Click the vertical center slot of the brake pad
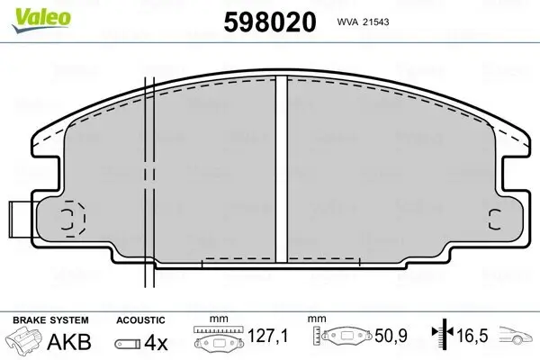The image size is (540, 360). tap(280, 171)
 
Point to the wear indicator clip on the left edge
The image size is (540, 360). tap(19, 217)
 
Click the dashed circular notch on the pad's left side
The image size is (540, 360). tap(70, 218)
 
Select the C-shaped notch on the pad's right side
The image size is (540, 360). tap(493, 218)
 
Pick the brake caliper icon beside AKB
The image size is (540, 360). tap(25, 342)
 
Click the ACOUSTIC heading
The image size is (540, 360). tap(140, 319)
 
